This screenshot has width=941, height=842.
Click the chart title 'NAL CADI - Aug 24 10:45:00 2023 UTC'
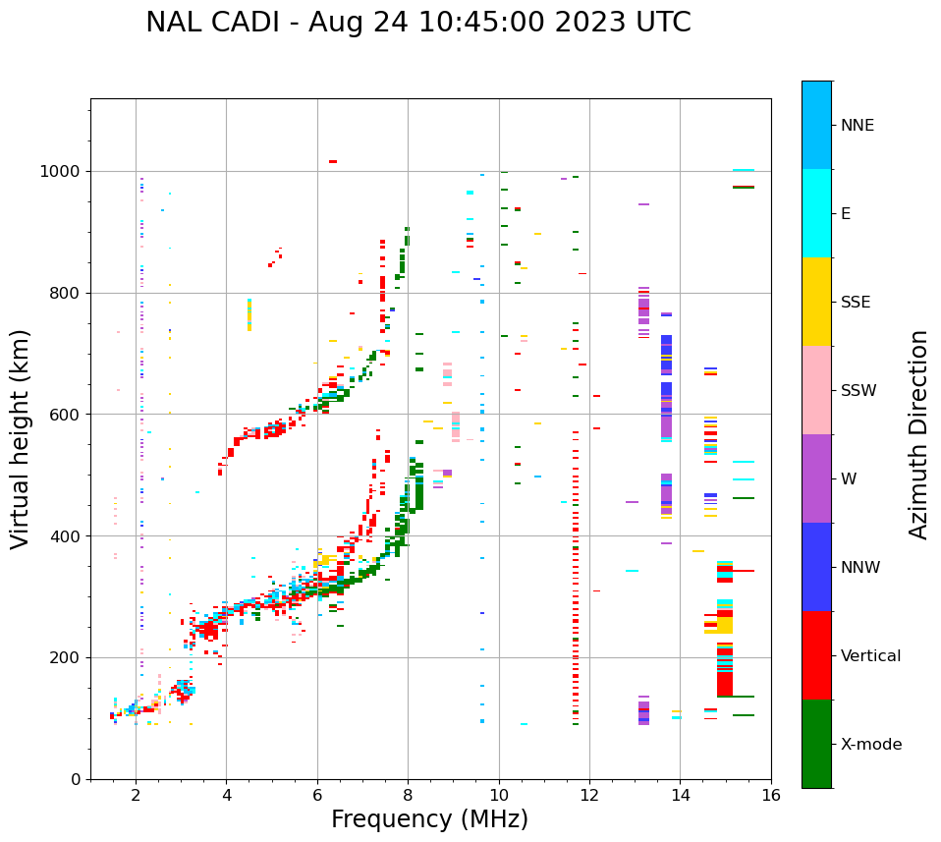click(x=417, y=23)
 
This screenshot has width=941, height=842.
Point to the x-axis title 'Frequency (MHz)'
click(x=429, y=819)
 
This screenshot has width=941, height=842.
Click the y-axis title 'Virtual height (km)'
click(x=21, y=439)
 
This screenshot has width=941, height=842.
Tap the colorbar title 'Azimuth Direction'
click(x=918, y=434)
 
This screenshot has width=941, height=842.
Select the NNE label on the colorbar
click(x=858, y=126)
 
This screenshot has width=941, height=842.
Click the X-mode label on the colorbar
click(x=871, y=745)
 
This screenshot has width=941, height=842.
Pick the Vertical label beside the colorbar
click(x=871, y=656)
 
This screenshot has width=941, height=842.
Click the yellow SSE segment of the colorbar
click(x=816, y=302)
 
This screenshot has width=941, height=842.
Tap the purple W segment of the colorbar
click(x=816, y=478)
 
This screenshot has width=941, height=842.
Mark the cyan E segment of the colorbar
click(x=816, y=213)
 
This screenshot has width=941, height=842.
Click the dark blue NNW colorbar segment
click(x=816, y=567)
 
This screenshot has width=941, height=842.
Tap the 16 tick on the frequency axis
click(x=771, y=795)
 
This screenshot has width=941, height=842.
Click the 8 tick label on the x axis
click(x=408, y=795)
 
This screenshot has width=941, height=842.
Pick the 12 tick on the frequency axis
click(x=589, y=795)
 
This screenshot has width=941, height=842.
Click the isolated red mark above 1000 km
click(x=333, y=161)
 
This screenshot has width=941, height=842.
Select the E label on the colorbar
click(x=846, y=214)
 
